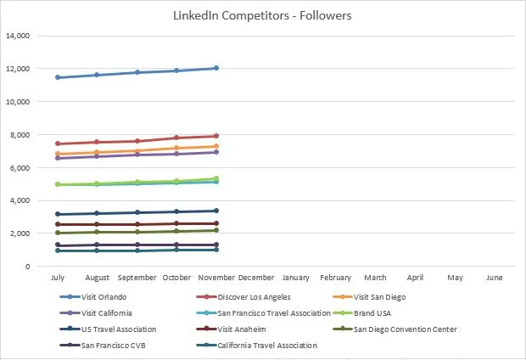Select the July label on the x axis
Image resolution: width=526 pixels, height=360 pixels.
[57, 278]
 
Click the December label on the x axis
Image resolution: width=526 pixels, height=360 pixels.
[255, 278]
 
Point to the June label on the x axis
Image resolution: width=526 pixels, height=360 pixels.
[495, 278]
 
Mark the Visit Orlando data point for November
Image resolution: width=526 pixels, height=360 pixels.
[216, 68]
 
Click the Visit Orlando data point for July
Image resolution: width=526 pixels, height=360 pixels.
[57, 77]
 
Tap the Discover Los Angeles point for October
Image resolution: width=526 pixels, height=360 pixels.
[176, 138]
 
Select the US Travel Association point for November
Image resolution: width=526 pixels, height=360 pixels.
[216, 211]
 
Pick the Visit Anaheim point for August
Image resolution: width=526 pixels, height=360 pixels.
[97, 224]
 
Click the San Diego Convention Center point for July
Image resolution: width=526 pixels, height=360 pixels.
[57, 233]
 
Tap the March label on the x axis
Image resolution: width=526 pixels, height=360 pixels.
[375, 278]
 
